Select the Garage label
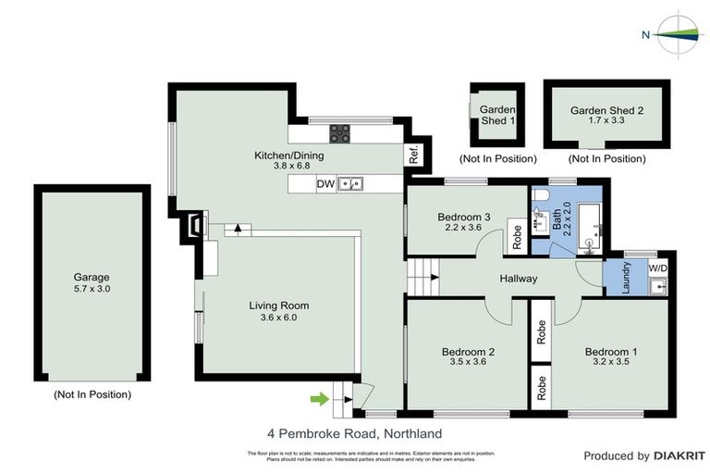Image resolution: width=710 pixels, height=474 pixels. (x=92, y=277)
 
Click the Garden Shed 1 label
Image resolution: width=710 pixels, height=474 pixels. (x=496, y=115)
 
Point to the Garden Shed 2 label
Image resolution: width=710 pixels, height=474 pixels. (x=606, y=109)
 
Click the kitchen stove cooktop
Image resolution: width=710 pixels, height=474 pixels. (x=339, y=133)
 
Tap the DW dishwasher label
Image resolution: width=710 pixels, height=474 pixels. (x=325, y=184)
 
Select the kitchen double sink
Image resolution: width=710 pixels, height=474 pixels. (x=350, y=184)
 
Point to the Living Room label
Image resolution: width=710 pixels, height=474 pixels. (x=278, y=306)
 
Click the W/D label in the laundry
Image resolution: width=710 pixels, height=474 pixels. (x=657, y=268)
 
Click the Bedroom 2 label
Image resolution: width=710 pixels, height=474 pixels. (x=469, y=352)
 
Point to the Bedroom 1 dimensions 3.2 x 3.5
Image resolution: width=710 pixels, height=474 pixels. (x=611, y=364)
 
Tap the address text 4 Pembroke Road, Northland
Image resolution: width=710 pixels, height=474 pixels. (x=354, y=433)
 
